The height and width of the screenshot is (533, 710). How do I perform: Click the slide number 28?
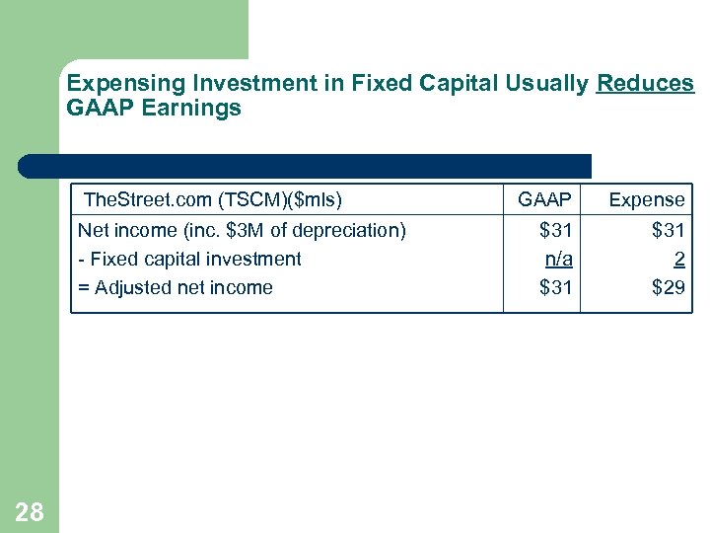pos(30,511)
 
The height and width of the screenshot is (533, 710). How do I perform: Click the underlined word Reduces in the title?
pos(645,84)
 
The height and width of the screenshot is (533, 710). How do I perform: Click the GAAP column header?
pos(544,200)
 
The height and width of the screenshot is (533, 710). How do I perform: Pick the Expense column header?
pos(646,200)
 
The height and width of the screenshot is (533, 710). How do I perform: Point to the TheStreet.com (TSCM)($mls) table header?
pos(213,200)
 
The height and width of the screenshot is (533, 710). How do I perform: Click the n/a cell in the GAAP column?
pos(558,259)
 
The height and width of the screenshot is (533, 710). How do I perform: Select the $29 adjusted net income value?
pos(668,287)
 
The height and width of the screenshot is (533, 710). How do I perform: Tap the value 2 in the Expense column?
pos(678,259)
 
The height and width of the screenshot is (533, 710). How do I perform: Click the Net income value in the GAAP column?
pos(555,231)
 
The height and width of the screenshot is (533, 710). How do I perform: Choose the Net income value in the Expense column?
pos(668,231)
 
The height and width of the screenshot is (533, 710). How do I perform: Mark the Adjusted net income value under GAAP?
pos(555,287)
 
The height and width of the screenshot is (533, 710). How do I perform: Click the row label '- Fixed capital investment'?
pos(189,259)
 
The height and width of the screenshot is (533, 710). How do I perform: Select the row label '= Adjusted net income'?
pos(176,287)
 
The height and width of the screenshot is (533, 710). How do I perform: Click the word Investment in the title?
pos(229,84)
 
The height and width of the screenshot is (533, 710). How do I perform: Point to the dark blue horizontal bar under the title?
pos(306,166)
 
